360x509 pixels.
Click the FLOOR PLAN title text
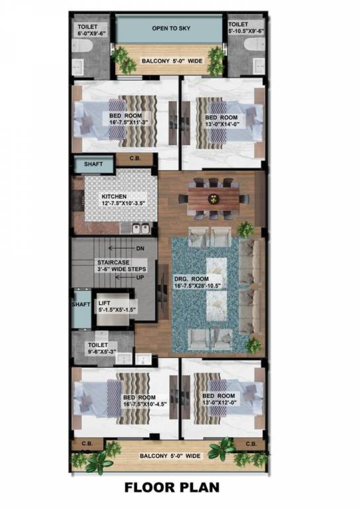[x=172, y=488]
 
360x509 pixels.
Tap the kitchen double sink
[x=140, y=228]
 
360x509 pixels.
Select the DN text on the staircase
[x=140, y=249]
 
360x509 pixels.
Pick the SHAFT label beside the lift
[x=81, y=304]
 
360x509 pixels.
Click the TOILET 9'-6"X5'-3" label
[x=103, y=349]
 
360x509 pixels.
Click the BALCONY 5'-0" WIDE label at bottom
[x=170, y=456]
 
